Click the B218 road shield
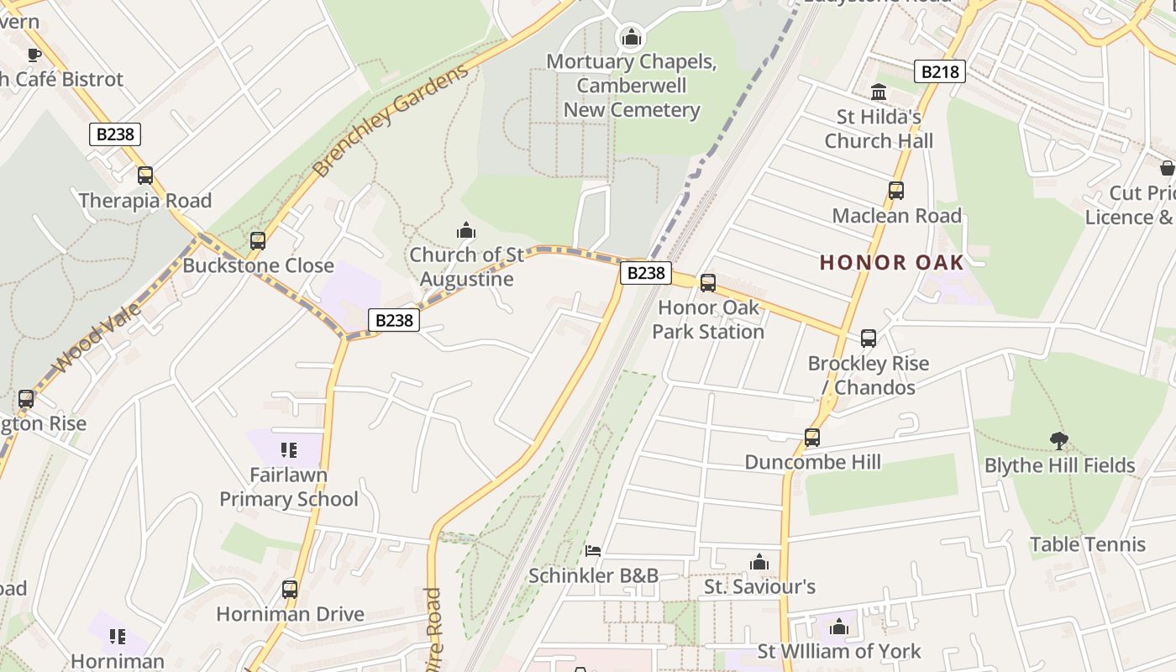[939, 71]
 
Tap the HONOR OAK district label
[891, 262]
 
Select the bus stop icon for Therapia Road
[145, 176]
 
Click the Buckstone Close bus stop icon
[258, 241]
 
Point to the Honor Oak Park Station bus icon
[708, 283]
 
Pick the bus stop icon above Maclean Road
[896, 191]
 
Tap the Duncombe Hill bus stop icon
[812, 438]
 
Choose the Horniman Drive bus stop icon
[290, 590]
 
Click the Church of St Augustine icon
[466, 230]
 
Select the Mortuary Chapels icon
[632, 37]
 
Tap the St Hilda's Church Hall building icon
[879, 92]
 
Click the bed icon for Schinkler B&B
[593, 551]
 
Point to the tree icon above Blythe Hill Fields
[1059, 440]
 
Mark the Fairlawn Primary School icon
[290, 451]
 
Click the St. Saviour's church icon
[759, 562]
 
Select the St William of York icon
[838, 627]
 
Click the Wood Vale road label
[97, 338]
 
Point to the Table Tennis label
[1088, 544]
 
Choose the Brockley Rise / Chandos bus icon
[869, 339]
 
